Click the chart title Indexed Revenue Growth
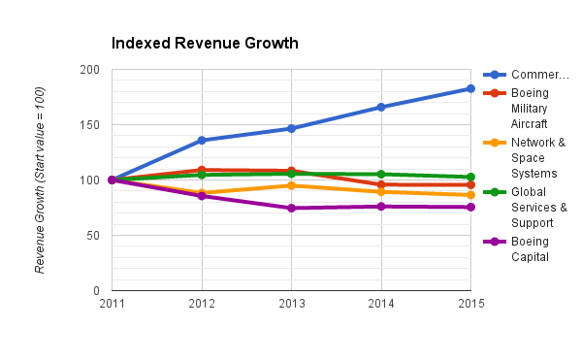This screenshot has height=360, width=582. (x=205, y=44)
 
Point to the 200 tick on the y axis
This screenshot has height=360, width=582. (x=90, y=70)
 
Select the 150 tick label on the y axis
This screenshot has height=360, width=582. (x=90, y=125)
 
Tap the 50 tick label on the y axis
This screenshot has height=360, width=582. (x=93, y=236)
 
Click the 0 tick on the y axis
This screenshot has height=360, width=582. (x=96, y=291)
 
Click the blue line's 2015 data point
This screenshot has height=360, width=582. (x=470, y=88)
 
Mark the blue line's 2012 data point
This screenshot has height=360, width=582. (x=202, y=141)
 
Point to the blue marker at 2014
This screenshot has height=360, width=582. (x=381, y=107)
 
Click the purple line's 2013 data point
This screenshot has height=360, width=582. (x=291, y=208)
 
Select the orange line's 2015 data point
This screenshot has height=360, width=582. (x=470, y=195)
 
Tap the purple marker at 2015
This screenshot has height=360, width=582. (x=470, y=207)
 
